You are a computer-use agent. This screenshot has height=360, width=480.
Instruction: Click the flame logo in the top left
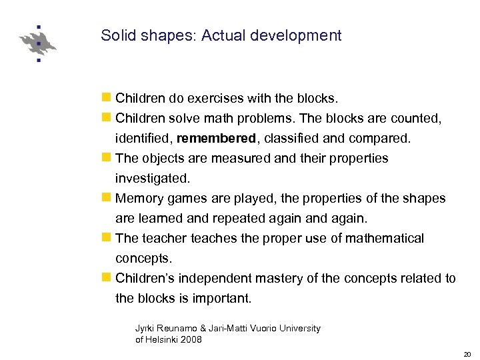pos(38,44)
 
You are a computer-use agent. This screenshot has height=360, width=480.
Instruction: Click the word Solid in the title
pos(115,35)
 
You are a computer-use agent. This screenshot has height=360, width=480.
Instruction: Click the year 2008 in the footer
pos(191,339)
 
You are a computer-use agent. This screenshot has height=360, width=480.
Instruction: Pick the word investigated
pos(153,179)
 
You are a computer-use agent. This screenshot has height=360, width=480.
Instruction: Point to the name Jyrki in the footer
pos(145,328)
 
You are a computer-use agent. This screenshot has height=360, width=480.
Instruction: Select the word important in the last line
pos(221,298)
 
